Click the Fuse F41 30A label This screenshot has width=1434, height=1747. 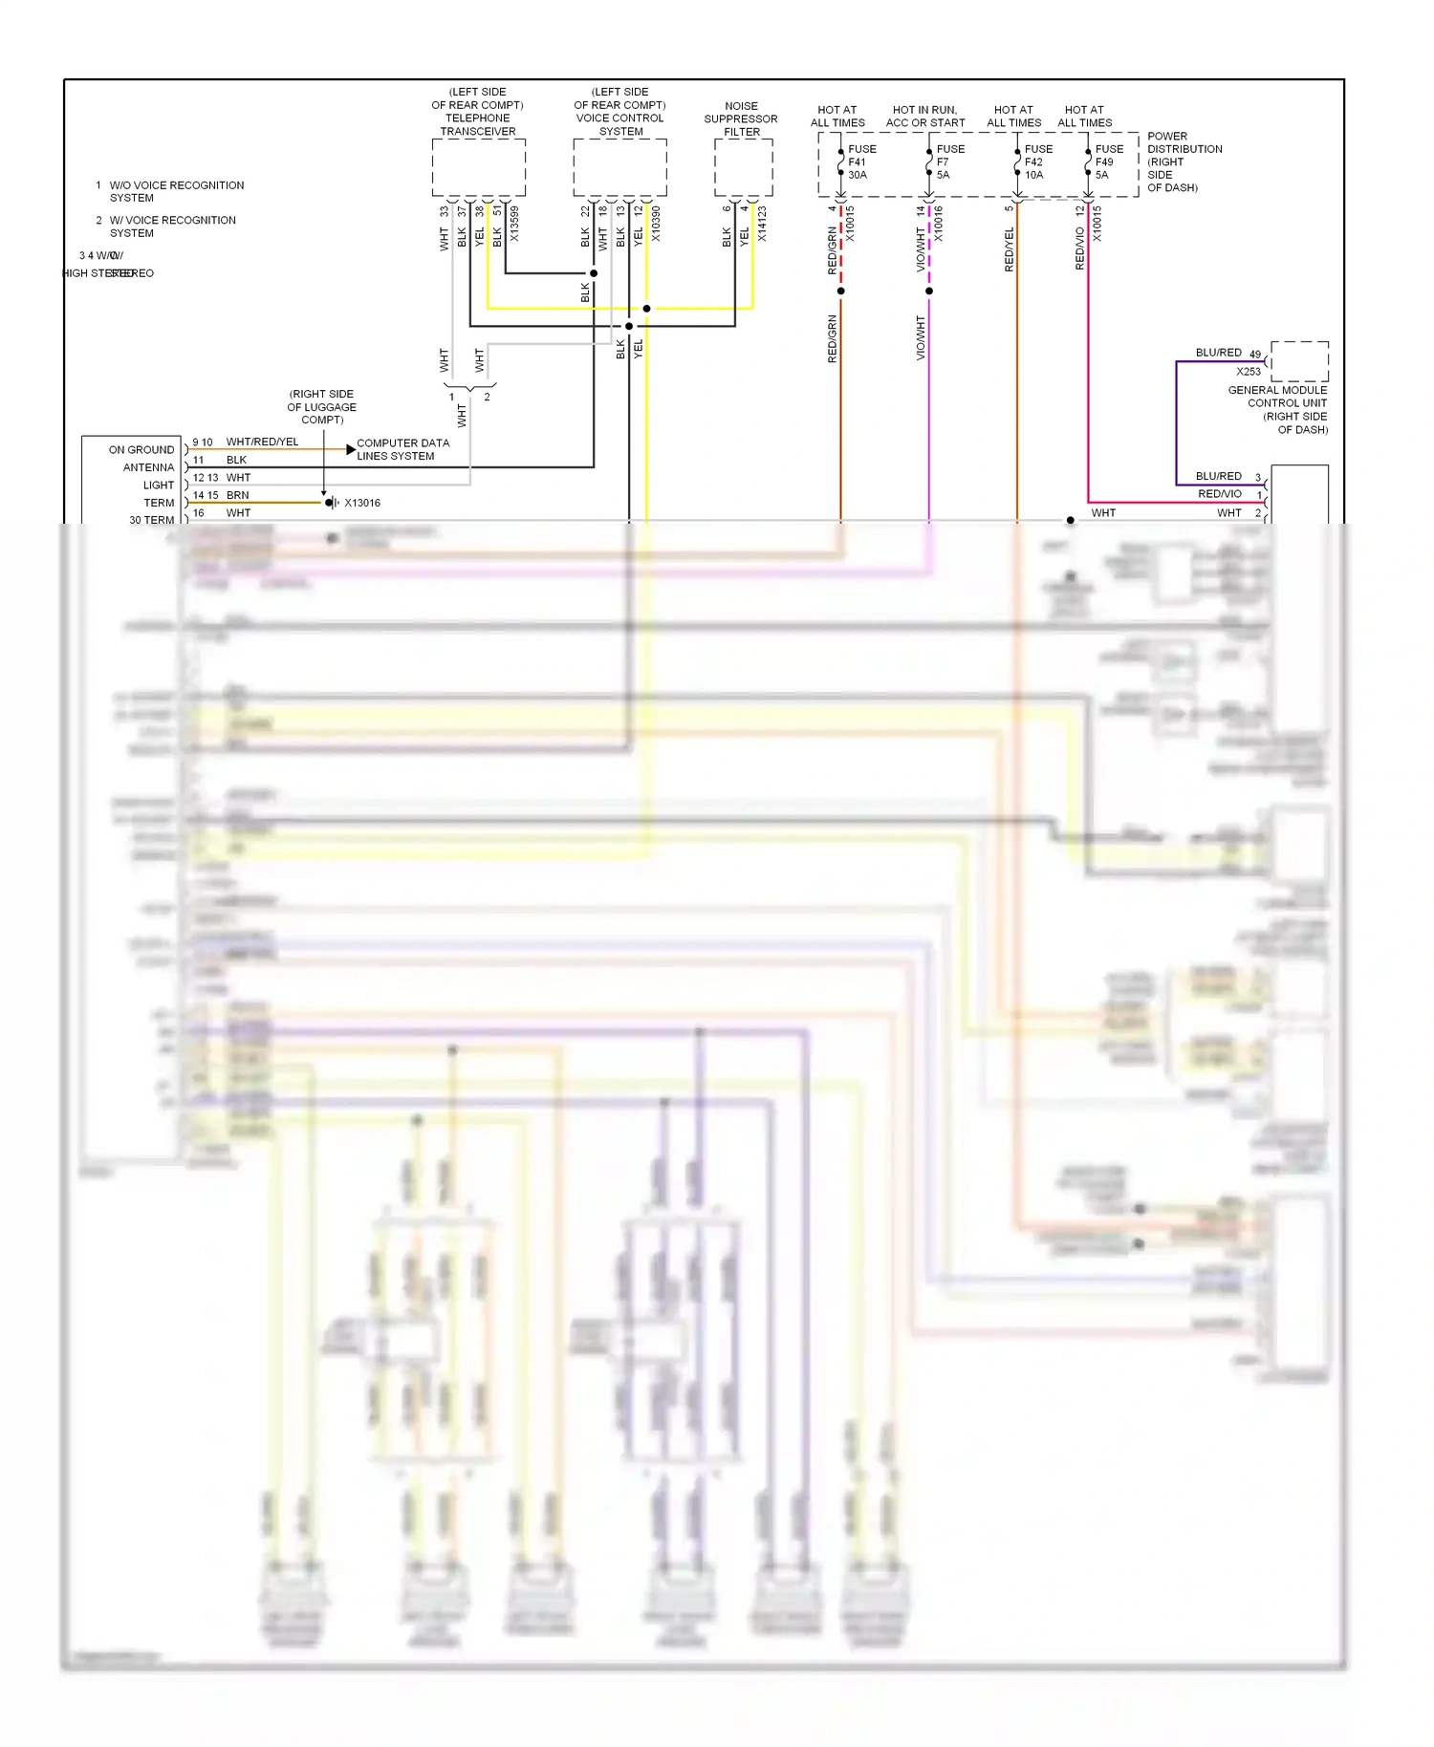pos(860,162)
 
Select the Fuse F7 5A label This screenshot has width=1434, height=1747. pos(949,162)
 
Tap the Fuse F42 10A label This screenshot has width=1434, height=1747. pos(1037,162)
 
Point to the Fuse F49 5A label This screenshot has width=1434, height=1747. pos(1108,162)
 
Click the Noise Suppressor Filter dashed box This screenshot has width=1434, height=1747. pos(743,168)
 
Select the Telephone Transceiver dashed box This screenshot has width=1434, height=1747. pos(478,168)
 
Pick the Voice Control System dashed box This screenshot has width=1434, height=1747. pos(619,168)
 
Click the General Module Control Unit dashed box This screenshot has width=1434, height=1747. pos(1299,361)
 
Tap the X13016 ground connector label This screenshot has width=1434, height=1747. pos(362,503)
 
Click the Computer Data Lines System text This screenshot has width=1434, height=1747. pos(402,449)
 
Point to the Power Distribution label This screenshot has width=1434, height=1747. pos(1184,162)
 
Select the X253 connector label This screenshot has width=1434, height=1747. pos(1248,372)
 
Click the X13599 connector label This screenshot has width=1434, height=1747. pos(514,224)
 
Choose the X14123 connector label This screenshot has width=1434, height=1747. pos(762,224)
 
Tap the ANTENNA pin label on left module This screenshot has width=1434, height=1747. pos(148,467)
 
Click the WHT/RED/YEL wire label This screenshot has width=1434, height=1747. pos(262,442)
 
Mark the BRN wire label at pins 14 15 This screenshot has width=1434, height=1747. pos(237,495)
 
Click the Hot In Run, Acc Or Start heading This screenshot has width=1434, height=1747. pos(924,117)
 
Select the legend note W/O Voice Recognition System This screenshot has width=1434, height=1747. pos(176,191)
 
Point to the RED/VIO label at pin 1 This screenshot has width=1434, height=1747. pos(1219,494)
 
